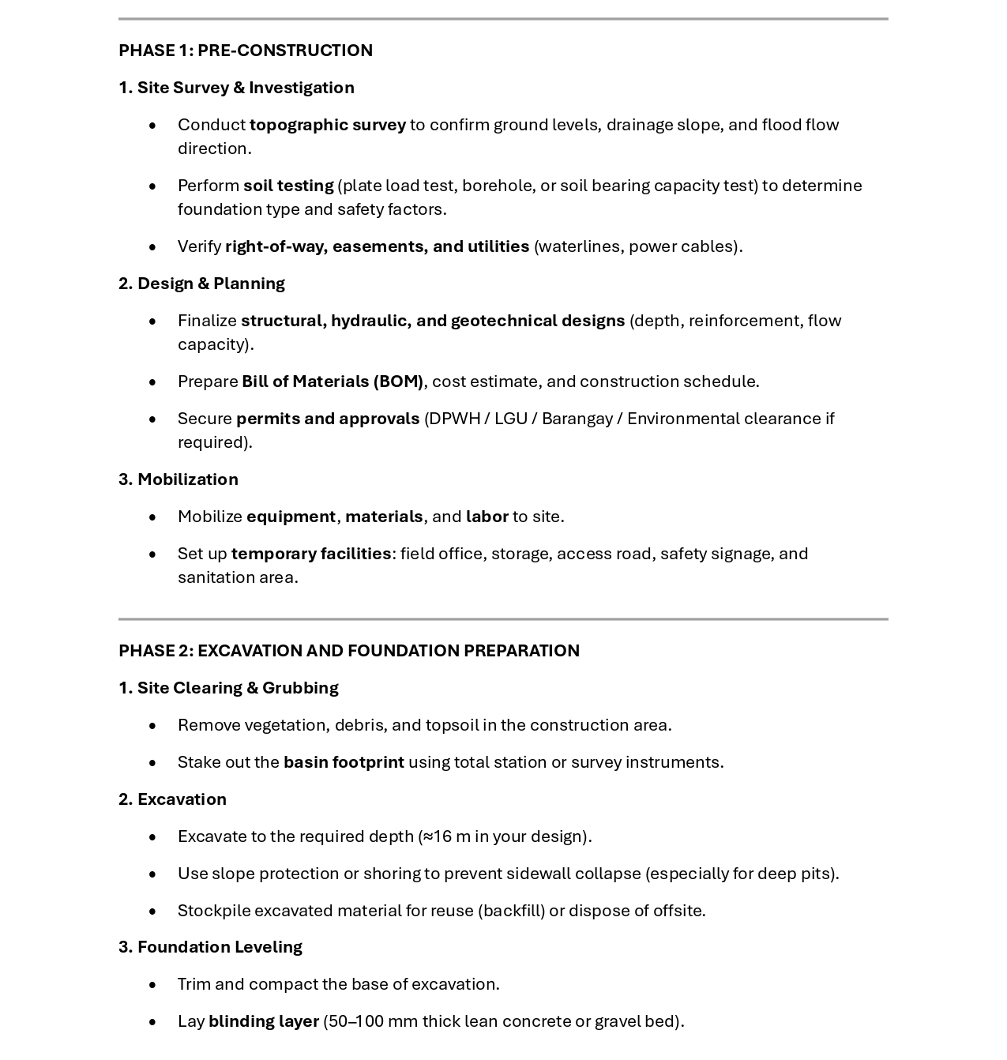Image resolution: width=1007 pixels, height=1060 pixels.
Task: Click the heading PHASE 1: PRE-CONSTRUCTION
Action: click(x=246, y=51)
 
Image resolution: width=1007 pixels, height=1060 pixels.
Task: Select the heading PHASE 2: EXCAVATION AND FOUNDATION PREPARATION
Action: click(x=349, y=651)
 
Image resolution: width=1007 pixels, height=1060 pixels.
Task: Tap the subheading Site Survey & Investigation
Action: click(x=245, y=88)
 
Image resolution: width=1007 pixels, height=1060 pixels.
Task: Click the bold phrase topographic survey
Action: click(x=328, y=125)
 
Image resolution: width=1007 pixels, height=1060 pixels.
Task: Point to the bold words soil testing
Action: click(x=288, y=186)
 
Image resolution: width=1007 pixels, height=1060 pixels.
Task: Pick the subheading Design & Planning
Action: click(x=210, y=284)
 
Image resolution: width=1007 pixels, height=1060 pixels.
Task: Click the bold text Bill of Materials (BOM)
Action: click(x=333, y=382)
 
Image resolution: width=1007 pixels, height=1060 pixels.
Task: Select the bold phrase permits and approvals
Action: click(x=328, y=419)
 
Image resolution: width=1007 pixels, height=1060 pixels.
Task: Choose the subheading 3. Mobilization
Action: click(x=178, y=479)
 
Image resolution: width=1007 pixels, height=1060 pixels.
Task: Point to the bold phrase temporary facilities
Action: click(x=311, y=554)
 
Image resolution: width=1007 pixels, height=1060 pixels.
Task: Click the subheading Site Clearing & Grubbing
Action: click(x=237, y=688)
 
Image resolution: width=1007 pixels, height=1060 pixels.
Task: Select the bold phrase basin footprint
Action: click(x=344, y=762)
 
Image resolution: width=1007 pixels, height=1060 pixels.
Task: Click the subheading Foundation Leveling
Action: click(x=220, y=947)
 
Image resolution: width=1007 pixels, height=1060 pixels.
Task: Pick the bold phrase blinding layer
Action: click(x=264, y=1021)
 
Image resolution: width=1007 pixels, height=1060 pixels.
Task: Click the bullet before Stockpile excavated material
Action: click(x=152, y=912)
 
